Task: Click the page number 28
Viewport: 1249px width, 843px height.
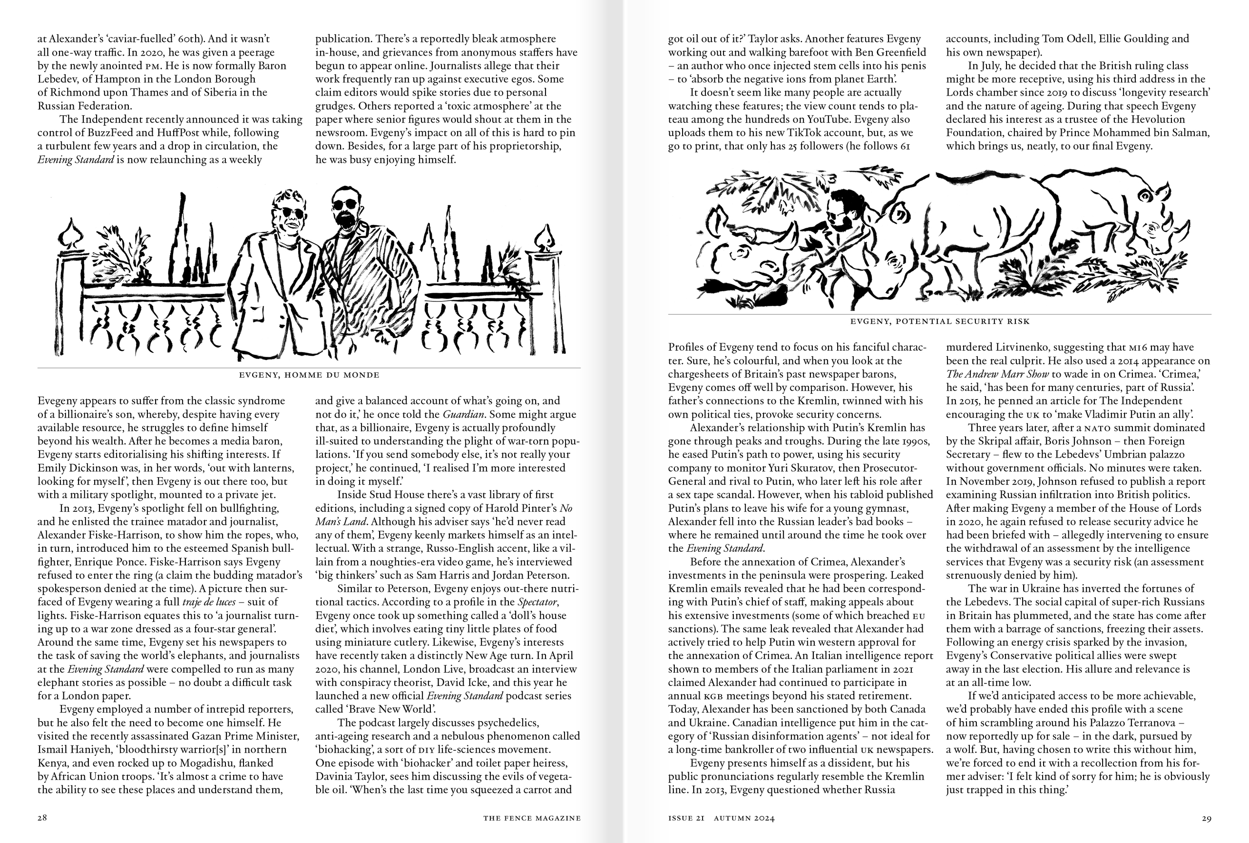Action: click(x=42, y=818)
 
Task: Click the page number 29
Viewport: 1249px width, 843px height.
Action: click(x=1206, y=818)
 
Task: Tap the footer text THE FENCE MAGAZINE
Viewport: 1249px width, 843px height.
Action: click(x=531, y=818)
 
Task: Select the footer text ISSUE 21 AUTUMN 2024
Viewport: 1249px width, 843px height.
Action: click(x=721, y=818)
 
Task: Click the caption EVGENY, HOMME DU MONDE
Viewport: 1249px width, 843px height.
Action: click(x=309, y=375)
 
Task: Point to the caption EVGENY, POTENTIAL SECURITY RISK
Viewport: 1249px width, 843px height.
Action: click(x=940, y=321)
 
